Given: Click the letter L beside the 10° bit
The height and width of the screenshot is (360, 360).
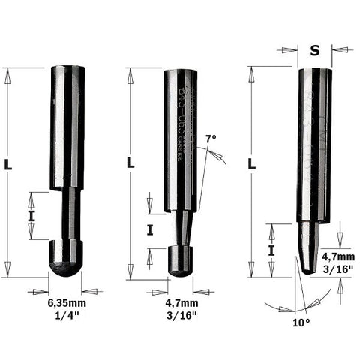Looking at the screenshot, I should click(x=251, y=163).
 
